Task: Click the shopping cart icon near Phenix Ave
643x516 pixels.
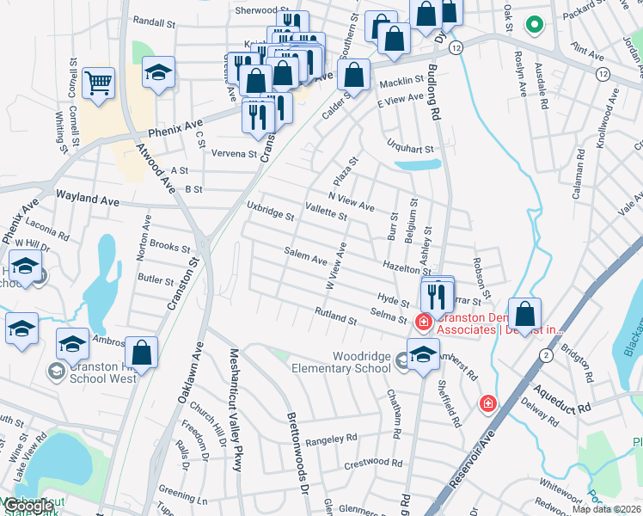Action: (99, 84)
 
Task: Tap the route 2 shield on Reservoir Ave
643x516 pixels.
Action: (545, 354)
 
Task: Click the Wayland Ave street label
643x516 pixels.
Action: (87, 199)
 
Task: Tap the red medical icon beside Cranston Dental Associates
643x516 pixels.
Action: (422, 322)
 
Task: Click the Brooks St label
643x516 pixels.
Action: (168, 246)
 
